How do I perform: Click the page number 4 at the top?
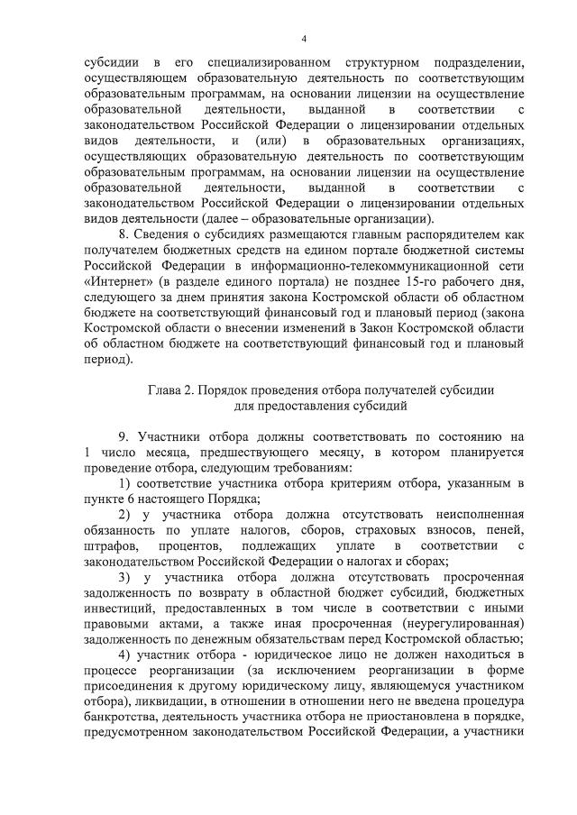coord(304,39)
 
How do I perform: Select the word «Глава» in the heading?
coord(165,389)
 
